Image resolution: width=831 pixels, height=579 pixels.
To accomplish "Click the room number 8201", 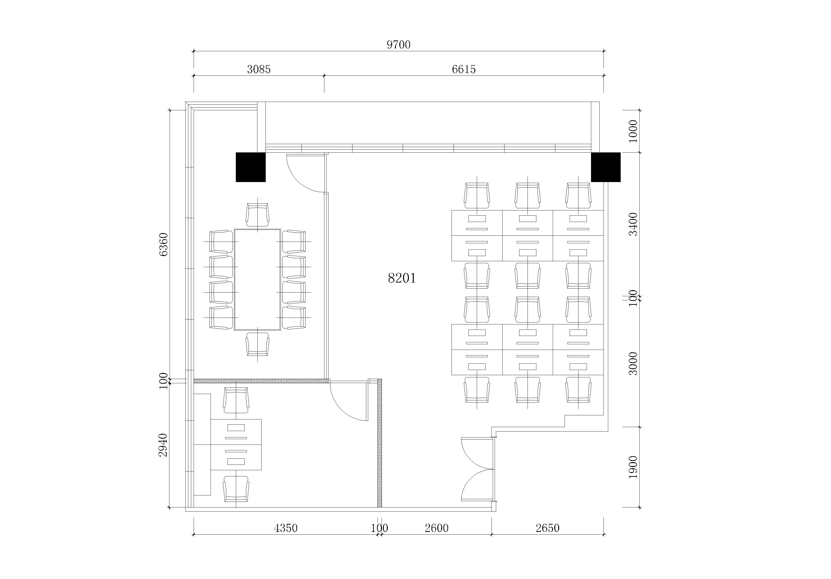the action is click(x=402, y=278).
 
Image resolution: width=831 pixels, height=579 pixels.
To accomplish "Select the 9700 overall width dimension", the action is click(x=399, y=45).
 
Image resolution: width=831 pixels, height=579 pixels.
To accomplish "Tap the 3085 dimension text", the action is click(x=259, y=69).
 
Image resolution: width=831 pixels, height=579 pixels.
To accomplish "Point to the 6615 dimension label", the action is click(x=464, y=69).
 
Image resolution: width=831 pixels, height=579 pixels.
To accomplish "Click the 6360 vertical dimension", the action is click(x=163, y=245).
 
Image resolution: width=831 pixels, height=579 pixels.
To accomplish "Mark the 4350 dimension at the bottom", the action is click(x=286, y=528).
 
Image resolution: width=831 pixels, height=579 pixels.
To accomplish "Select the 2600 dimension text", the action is click(x=437, y=528).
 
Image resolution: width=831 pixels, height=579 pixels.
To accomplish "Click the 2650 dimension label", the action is click(x=548, y=528).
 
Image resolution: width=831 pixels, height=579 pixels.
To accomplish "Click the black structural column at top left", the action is click(x=251, y=167).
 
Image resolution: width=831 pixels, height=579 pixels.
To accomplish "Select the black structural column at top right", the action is click(x=606, y=167).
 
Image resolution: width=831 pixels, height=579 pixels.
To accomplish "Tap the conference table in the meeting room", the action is click(x=257, y=279).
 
